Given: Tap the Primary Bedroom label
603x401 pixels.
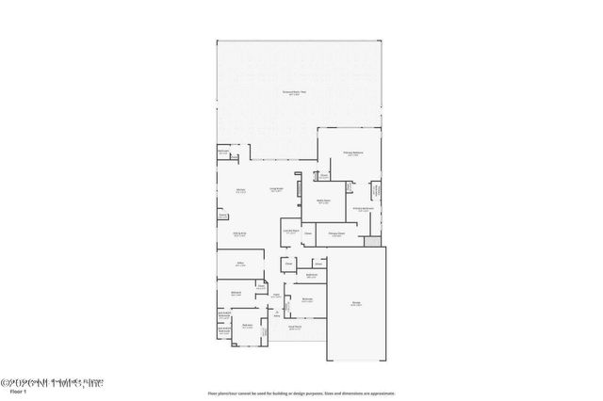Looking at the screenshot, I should click(353, 152).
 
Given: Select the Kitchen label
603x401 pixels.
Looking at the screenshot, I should click(240, 190).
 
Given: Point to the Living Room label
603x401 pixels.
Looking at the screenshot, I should click(277, 190).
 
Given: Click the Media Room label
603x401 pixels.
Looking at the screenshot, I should click(323, 201).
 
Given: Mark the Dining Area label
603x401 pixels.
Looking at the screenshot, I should click(240, 233).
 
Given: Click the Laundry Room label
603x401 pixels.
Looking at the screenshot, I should click(291, 231).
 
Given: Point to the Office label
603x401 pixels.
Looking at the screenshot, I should click(240, 265).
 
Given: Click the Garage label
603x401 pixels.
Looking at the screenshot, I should click(357, 303).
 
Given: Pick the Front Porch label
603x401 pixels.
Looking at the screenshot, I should click(295, 328).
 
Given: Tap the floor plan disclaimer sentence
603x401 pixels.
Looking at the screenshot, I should click(301, 393).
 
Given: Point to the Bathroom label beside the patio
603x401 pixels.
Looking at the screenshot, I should click(223, 152).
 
